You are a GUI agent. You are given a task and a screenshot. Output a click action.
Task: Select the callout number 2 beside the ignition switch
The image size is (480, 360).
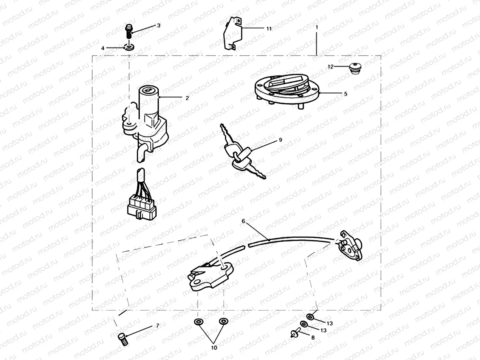coord(187,98)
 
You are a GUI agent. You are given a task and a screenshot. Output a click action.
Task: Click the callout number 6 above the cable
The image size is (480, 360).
coord(244,222)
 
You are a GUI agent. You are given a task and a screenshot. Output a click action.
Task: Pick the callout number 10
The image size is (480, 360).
coord(214,348)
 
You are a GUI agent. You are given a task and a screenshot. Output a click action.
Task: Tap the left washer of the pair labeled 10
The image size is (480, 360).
coord(198,322)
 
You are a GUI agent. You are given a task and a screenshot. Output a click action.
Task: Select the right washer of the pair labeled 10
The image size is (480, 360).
coord(223,322)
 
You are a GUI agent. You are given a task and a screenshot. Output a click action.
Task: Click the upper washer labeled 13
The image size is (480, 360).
coord(310,317)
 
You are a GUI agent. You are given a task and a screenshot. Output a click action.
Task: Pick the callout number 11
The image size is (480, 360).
coord(269,29)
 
